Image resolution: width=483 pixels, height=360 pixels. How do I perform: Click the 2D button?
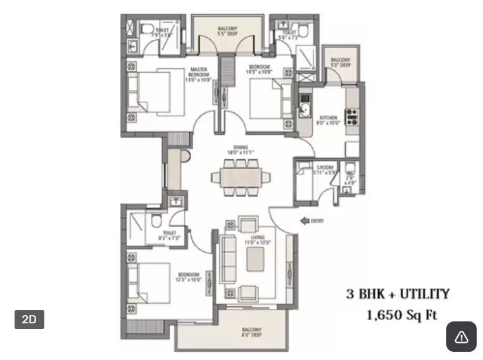click(29, 320)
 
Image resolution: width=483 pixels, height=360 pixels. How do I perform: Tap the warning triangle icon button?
click(461, 337)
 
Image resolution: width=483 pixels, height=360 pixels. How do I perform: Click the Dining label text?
click(240, 150)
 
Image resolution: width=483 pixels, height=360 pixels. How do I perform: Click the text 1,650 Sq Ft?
click(402, 314)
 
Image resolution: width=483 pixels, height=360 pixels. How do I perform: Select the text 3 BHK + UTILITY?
click(398, 294)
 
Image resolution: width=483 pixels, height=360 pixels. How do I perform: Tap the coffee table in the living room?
click(256, 258)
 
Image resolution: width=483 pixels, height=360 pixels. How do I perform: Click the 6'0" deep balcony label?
click(251, 333)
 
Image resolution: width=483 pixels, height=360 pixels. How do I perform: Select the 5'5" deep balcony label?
click(228, 32)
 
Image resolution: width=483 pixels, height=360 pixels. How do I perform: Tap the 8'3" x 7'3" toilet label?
click(169, 235)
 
